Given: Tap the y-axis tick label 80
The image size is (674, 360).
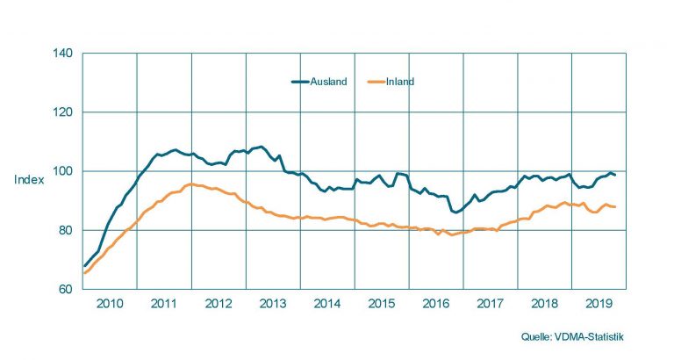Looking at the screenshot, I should pyautogui.click(x=64, y=230).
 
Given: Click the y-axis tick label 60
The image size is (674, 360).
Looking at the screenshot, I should pyautogui.click(x=64, y=289).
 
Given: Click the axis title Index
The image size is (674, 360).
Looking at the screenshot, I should pyautogui.click(x=27, y=180).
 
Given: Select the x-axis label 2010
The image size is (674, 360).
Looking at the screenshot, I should pyautogui.click(x=110, y=303).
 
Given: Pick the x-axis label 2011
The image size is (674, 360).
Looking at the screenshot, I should pyautogui.click(x=164, y=303).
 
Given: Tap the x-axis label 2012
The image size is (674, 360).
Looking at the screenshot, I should pyautogui.click(x=219, y=303).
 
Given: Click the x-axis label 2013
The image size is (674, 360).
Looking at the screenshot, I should pyautogui.click(x=273, y=303).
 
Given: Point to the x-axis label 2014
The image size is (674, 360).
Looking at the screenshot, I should pyautogui.click(x=327, y=303).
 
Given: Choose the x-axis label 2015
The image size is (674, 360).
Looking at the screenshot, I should pyautogui.click(x=382, y=303).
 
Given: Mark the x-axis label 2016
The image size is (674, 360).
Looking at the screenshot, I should pyautogui.click(x=436, y=303).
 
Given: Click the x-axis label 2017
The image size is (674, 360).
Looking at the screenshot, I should pyautogui.click(x=491, y=303).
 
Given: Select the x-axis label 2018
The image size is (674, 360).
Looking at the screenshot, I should pyautogui.click(x=545, y=303).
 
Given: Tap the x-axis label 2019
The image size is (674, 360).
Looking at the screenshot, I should pyautogui.click(x=599, y=303).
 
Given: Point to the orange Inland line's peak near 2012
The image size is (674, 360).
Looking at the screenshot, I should pyautogui.click(x=190, y=184).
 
